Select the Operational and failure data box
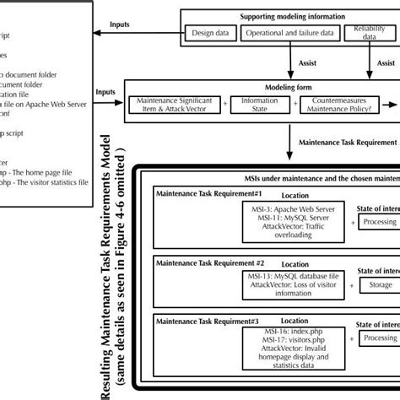(289, 33)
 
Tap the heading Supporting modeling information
(292, 16)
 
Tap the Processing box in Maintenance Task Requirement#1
(381, 221)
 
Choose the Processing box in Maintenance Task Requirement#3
(381, 338)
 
